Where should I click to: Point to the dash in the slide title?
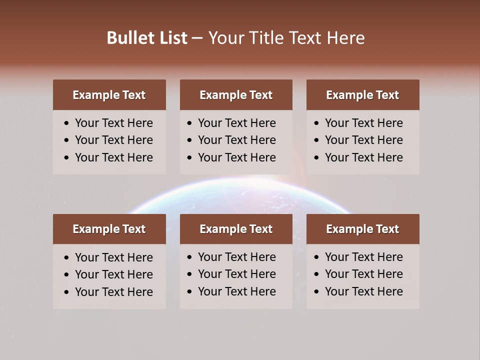[197, 38]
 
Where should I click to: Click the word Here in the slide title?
[345, 38]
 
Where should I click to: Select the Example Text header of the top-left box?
[109, 95]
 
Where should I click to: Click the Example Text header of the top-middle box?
[236, 95]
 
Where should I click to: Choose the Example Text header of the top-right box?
[362, 95]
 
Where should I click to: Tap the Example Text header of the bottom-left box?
[109, 229]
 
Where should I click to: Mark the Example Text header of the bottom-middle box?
[236, 229]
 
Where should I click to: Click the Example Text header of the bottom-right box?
[362, 229]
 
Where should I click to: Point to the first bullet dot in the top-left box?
[66, 123]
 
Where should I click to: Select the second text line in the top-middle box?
[237, 140]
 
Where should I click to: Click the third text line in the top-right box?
[363, 157]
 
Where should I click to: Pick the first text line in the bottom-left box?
[114, 257]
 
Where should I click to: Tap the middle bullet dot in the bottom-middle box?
[189, 274]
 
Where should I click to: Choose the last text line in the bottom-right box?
[363, 291]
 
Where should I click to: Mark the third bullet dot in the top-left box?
[66, 158]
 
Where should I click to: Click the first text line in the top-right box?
[363, 123]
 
